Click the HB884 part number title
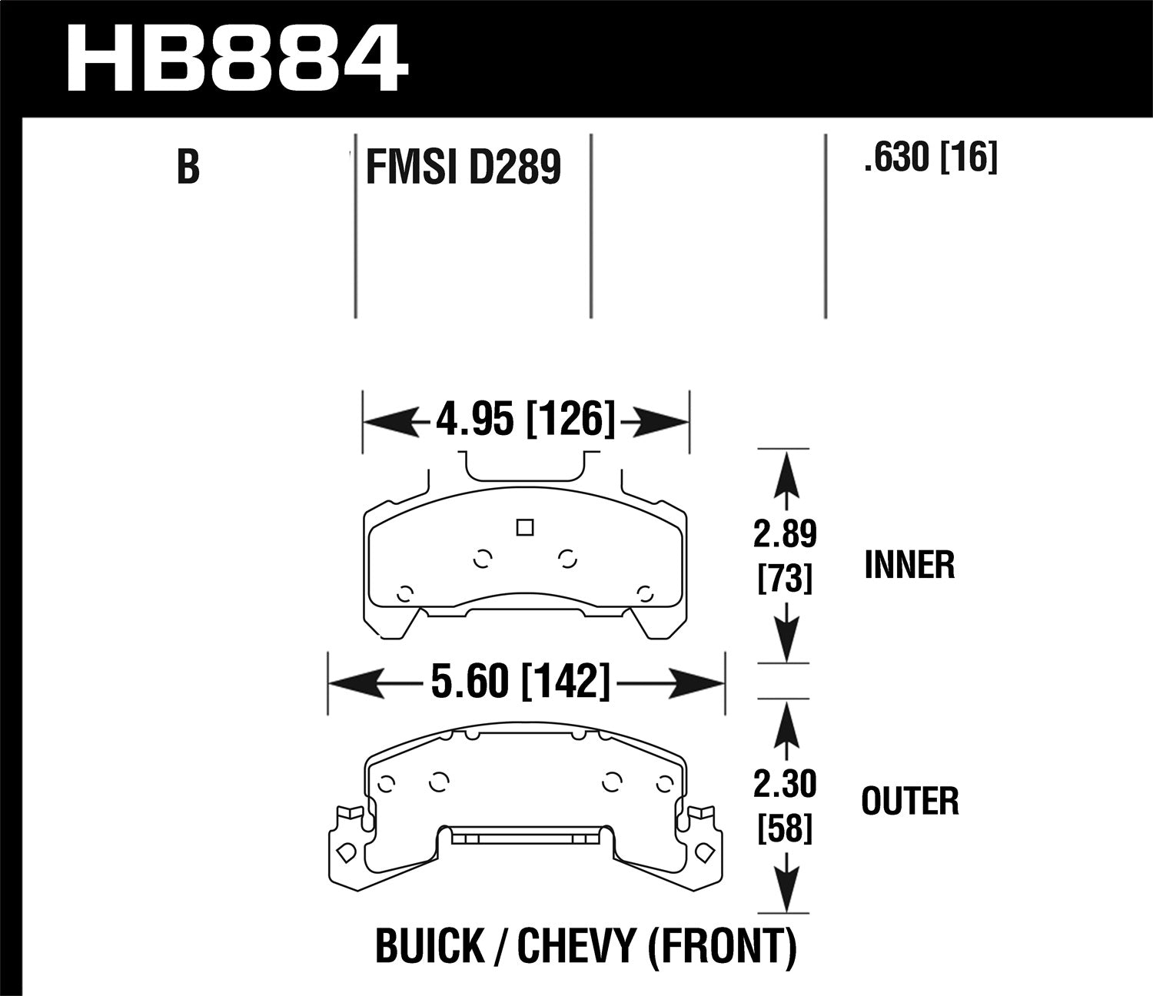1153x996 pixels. point(237,59)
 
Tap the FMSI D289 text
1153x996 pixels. point(464,167)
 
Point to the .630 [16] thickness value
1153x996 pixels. point(930,159)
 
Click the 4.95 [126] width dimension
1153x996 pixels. point(526,420)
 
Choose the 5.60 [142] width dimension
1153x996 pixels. point(520,681)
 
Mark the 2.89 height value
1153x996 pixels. point(784,535)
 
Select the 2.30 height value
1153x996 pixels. point(784,785)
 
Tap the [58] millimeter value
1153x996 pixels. point(784,828)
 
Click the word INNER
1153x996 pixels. point(909,566)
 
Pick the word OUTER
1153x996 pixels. point(910,802)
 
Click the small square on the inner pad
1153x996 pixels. point(525,527)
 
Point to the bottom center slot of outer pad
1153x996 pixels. point(525,837)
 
